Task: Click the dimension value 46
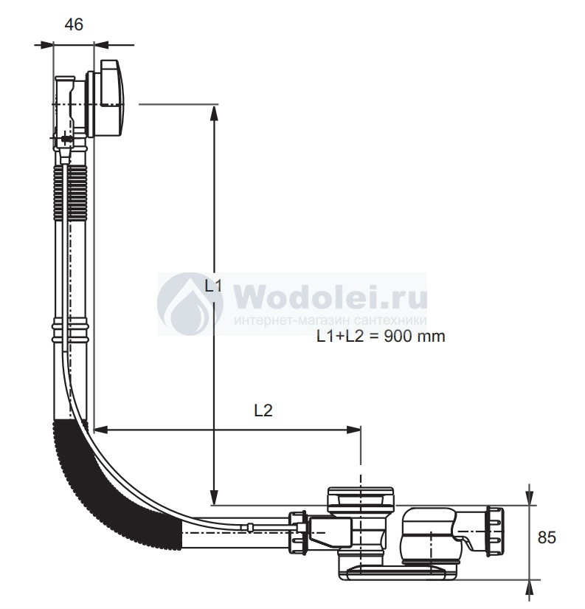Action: [74, 24]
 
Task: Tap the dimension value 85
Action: [547, 537]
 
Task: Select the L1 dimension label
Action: [213, 286]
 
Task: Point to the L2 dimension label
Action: [263, 410]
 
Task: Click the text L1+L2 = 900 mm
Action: [381, 337]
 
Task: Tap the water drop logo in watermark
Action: [190, 303]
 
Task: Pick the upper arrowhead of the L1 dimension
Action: [213, 114]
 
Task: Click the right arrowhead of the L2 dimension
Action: [353, 430]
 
